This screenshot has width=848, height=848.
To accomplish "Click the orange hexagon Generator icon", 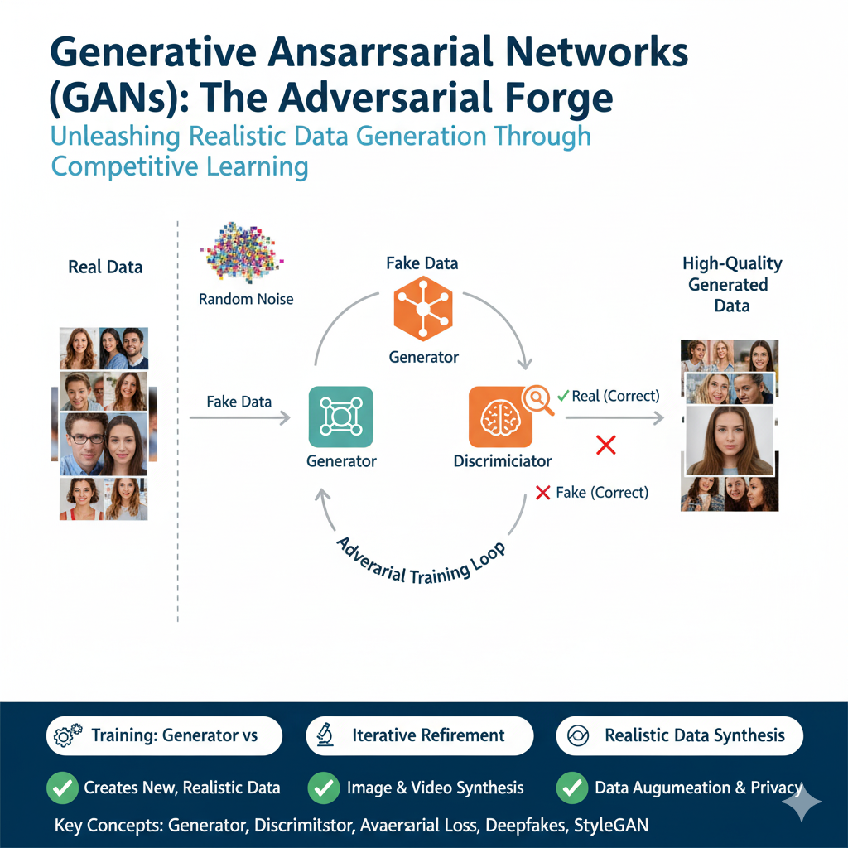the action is (x=423, y=309).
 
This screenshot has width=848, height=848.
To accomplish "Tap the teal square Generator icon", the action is (x=340, y=417).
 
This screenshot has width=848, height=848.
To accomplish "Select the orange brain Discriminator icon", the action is (x=501, y=417).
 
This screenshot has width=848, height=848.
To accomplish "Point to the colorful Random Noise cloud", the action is (x=243, y=252).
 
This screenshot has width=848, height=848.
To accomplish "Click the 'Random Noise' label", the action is (x=246, y=299).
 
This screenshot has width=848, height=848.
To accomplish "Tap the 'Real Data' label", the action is (x=105, y=267).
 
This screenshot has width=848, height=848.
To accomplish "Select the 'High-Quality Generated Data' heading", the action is (x=732, y=285).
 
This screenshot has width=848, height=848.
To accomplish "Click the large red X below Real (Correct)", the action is (x=605, y=445).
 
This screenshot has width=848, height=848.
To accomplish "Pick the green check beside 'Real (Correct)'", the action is (x=563, y=396).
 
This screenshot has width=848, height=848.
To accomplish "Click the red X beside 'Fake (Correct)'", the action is (x=542, y=493).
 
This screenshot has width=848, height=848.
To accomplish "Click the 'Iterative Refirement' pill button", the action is (x=420, y=735).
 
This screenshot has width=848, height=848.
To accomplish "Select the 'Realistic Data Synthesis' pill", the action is (x=680, y=735).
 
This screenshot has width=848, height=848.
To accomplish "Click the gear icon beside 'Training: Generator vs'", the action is (x=68, y=735).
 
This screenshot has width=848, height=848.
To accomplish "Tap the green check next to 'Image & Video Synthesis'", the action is (x=324, y=788).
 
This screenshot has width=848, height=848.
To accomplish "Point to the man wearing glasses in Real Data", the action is (x=84, y=444).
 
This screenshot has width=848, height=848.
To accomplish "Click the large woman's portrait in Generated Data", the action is (x=730, y=441).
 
